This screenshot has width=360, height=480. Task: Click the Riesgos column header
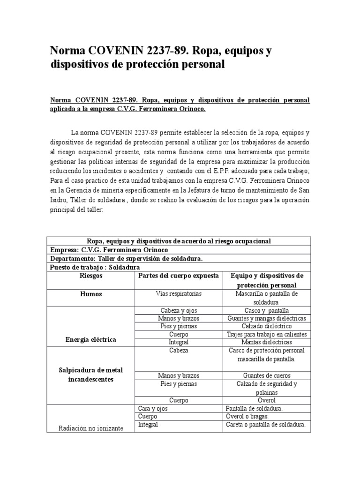tap(91, 276)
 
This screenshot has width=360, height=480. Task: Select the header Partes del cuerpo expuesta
tap(178, 276)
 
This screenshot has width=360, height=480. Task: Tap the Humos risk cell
tap(91, 294)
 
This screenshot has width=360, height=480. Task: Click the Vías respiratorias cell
tap(178, 294)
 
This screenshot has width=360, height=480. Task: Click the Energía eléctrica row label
tap(91, 339)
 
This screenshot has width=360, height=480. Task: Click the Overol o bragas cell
tap(247, 416)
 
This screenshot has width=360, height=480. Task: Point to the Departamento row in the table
tap(126, 258)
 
